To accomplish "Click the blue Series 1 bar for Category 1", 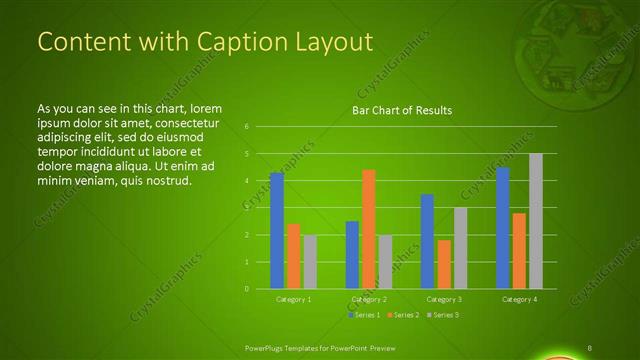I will pyautogui.click(x=277, y=230).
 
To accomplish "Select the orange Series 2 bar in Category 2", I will pyautogui.click(x=368, y=229).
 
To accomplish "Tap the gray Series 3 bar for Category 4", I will pyautogui.click(x=536, y=221).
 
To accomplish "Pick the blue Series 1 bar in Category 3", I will pyautogui.click(x=427, y=241).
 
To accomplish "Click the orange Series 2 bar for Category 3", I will pyautogui.click(x=443, y=264).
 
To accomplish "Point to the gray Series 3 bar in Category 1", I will pyautogui.click(x=309, y=262).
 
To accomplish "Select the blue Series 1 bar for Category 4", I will pyautogui.click(x=502, y=228).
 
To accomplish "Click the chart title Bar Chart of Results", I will pyautogui.click(x=402, y=109).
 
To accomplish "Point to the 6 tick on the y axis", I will pyautogui.click(x=247, y=127).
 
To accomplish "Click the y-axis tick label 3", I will pyautogui.click(x=247, y=208).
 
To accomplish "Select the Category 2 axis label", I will pyautogui.click(x=369, y=299).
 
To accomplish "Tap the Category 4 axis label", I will pyautogui.click(x=519, y=299).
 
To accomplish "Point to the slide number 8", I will pyautogui.click(x=590, y=347).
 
